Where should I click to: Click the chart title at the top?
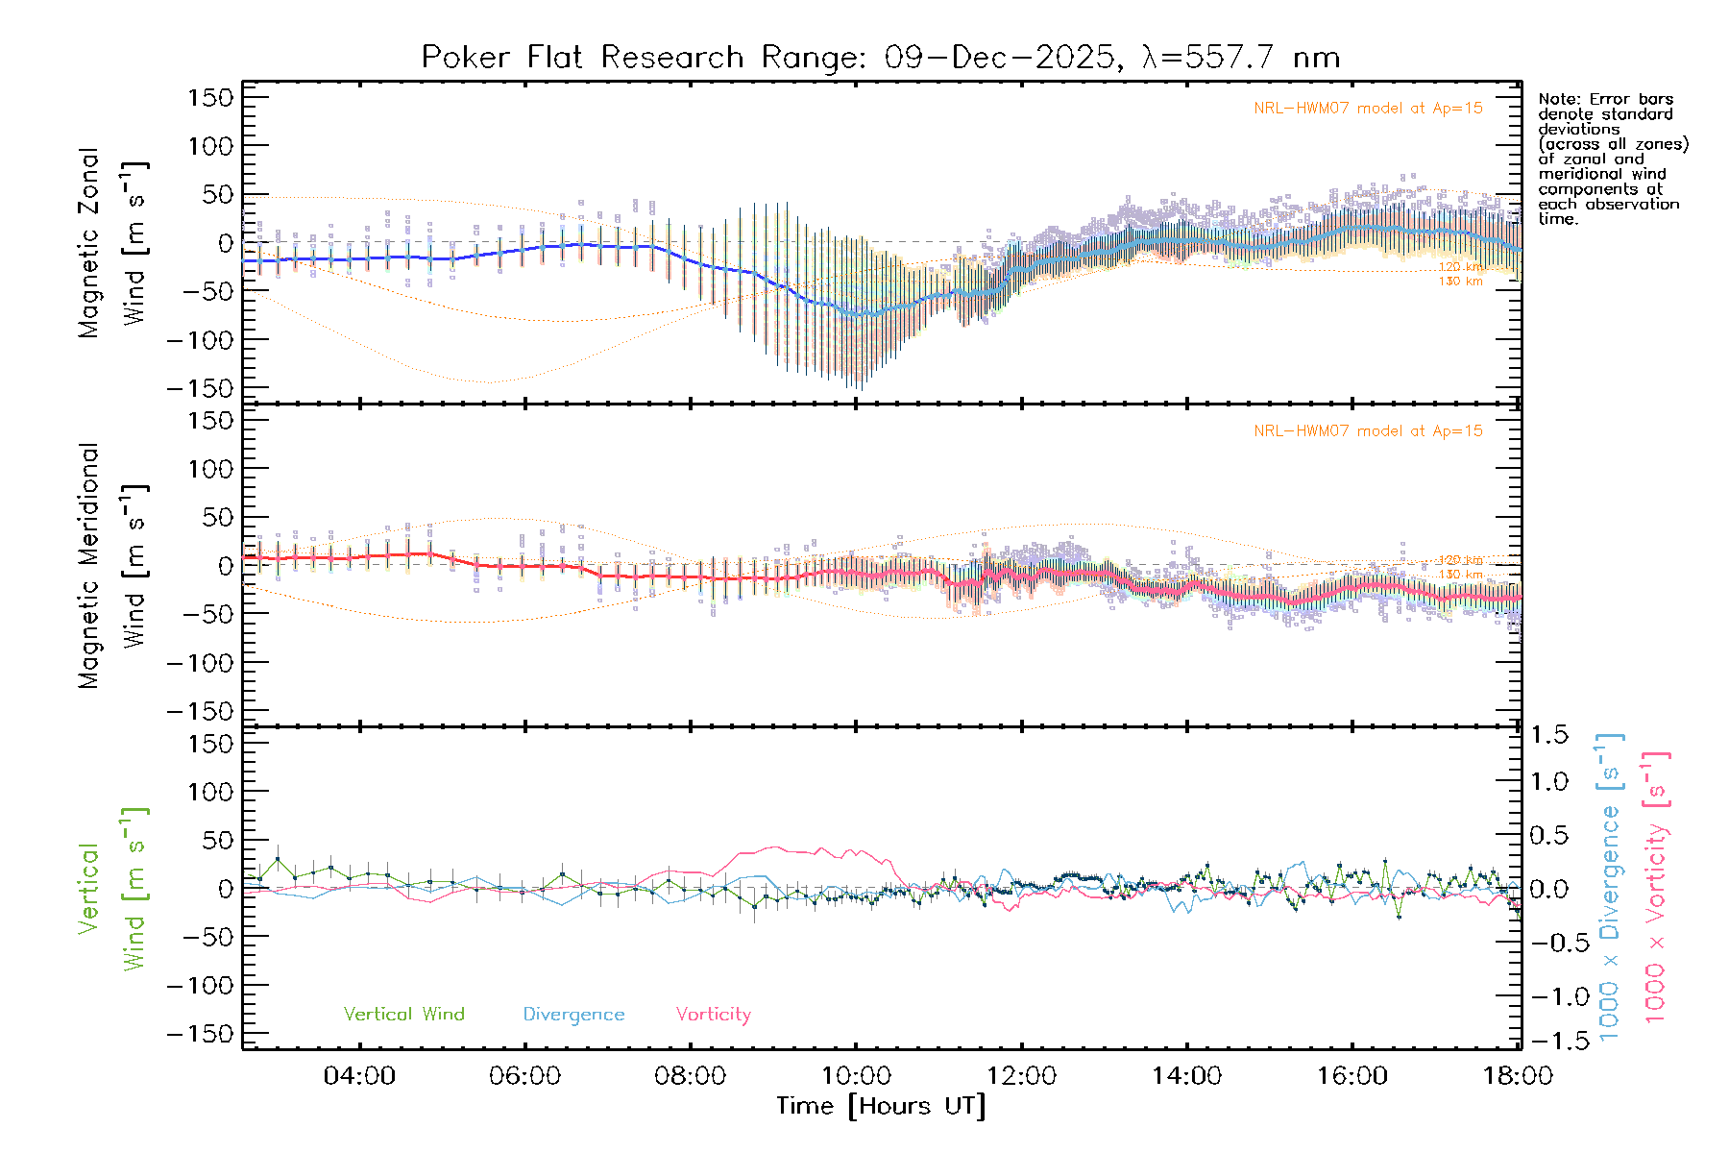[x=880, y=57]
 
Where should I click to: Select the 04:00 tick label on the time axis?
[x=359, y=1076]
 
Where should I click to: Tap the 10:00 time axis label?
[x=856, y=1076]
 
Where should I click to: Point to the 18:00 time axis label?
[x=1517, y=1076]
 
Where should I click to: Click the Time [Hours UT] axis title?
[x=881, y=1107]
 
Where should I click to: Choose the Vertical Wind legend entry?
[x=403, y=1015]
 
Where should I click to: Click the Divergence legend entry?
[x=573, y=1015]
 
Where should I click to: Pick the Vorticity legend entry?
[x=713, y=1015]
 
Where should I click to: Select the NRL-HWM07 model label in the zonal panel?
[x=1368, y=109]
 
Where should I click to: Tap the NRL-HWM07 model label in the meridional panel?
[x=1368, y=431]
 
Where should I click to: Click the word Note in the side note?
[x=1557, y=99]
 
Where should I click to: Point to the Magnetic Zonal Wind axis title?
[x=112, y=243]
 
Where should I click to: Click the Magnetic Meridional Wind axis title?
[x=112, y=566]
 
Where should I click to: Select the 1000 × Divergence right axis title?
[x=1610, y=887]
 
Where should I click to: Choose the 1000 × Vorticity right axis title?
[x=1655, y=887]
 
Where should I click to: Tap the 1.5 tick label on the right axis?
[x=1549, y=735]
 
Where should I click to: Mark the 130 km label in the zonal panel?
[x=1460, y=282]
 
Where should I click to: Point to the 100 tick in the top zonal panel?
[x=209, y=146]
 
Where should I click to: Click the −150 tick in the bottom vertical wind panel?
[x=200, y=1034]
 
